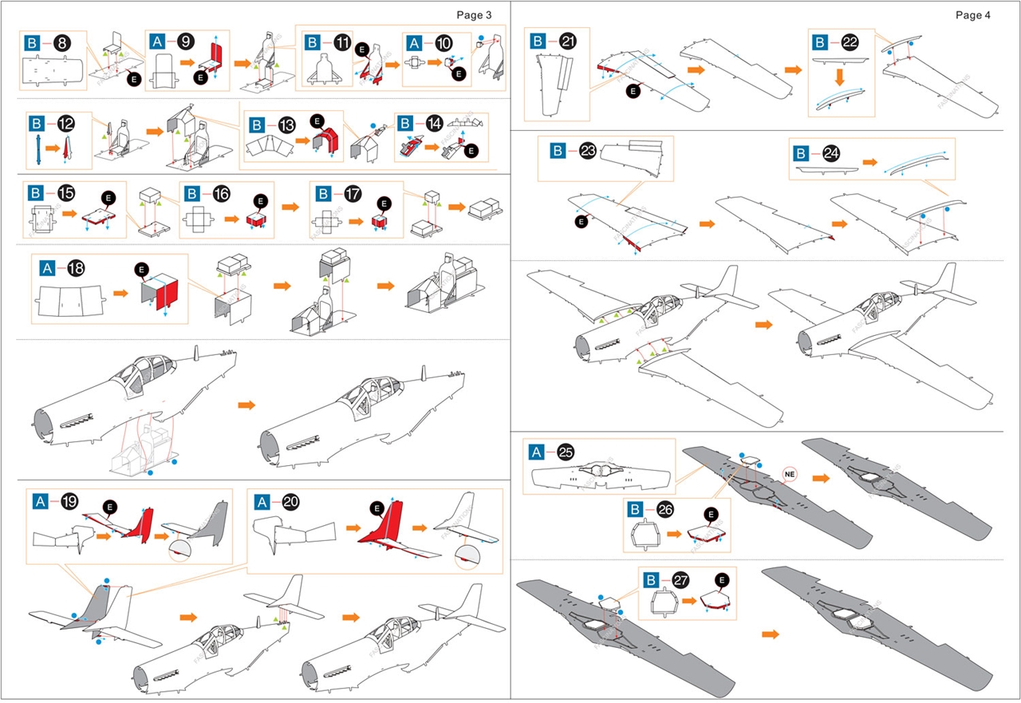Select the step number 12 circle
[65, 124]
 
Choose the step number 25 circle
[566, 452]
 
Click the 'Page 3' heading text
[474, 15]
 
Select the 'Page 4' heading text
[973, 15]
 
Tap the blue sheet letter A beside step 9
[157, 42]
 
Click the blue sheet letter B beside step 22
[820, 42]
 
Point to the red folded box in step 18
[161, 294]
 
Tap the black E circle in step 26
[712, 515]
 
